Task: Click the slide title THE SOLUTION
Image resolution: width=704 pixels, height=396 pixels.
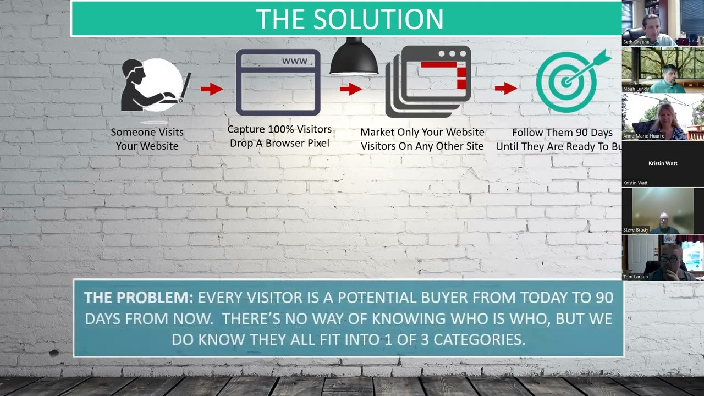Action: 349,19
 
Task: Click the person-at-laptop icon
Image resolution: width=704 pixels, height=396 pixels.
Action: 154,85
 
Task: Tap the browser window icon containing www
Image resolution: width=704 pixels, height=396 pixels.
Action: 278,82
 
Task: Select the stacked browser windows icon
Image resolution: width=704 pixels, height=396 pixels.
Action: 428,81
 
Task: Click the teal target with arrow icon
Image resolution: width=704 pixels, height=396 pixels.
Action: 570,81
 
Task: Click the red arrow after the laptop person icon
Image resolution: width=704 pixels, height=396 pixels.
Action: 211,89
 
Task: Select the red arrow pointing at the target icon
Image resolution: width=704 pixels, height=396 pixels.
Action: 505,88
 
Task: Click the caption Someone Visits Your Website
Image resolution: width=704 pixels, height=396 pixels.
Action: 147,139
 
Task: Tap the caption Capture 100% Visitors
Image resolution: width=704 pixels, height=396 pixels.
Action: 279,130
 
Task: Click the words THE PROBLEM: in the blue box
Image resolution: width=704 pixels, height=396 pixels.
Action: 139,298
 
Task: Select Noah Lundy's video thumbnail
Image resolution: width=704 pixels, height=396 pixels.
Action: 663,70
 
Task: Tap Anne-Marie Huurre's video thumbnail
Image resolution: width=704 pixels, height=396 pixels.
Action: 663,117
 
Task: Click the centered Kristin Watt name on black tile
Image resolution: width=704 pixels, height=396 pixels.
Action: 663,163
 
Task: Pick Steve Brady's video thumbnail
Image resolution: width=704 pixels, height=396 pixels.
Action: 663,211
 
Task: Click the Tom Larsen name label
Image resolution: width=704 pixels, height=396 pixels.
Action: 635,277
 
